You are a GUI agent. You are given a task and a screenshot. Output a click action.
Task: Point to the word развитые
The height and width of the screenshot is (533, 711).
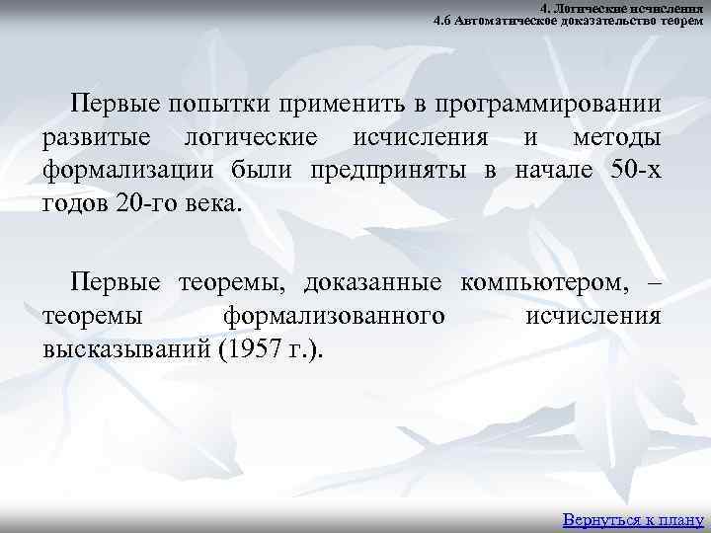[95, 138]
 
